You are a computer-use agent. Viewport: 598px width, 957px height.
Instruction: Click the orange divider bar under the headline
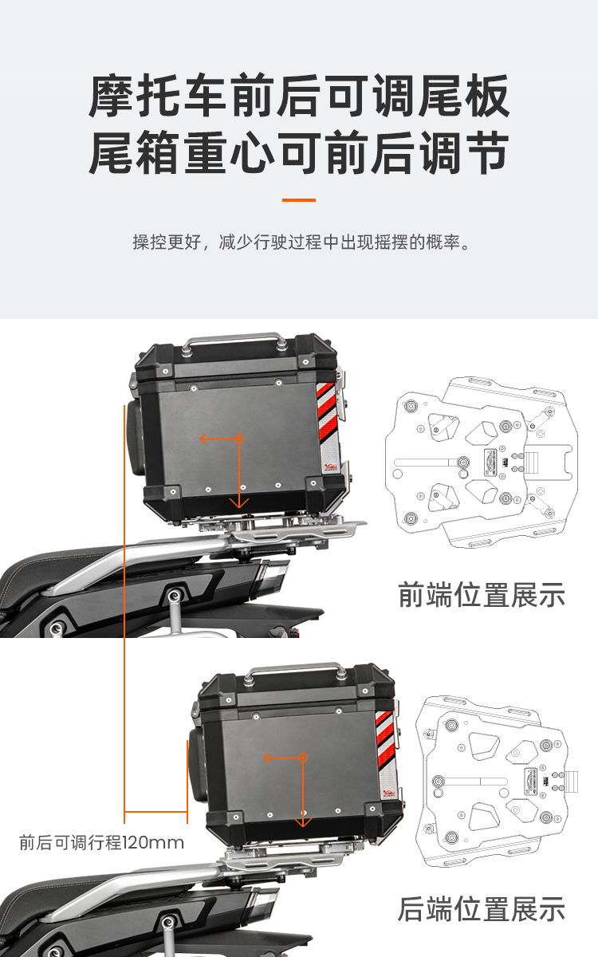[299, 199]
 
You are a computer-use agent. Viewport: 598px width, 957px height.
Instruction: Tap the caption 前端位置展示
[482, 595]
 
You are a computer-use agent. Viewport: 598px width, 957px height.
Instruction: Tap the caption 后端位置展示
[482, 908]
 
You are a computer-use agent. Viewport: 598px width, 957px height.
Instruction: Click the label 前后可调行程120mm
[102, 842]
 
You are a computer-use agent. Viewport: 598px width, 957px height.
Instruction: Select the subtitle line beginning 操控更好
[301, 242]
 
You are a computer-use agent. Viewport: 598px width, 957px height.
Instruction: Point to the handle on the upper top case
[235, 342]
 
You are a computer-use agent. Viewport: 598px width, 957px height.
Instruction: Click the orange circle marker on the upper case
[240, 439]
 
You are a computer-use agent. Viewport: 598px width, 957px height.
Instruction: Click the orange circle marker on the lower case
[303, 758]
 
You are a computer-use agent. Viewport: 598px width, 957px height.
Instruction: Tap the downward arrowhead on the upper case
[239, 503]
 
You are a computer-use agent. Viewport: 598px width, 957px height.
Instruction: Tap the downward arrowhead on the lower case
[303, 821]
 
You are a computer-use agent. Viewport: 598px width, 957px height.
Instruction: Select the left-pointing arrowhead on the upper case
[204, 439]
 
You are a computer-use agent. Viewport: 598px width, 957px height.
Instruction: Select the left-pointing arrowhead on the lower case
[268, 758]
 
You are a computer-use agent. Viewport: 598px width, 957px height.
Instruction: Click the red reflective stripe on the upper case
[327, 412]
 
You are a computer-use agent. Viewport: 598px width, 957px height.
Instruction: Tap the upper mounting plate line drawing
[482, 463]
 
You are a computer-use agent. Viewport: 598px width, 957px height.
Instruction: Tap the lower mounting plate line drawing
[497, 781]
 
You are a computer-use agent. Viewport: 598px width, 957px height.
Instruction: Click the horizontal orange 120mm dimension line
[156, 812]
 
